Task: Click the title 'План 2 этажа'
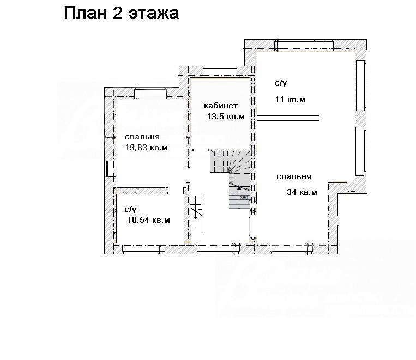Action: (x=121, y=13)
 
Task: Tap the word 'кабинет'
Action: (x=221, y=106)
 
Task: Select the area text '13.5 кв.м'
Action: (x=226, y=117)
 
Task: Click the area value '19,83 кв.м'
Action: (x=147, y=148)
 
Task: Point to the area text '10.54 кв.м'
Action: (x=148, y=220)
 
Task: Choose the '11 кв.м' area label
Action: (x=290, y=100)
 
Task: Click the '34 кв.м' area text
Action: (x=302, y=192)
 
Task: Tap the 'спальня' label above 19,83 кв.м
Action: (x=142, y=137)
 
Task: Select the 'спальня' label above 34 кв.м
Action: (x=294, y=177)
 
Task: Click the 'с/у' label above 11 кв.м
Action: (x=281, y=83)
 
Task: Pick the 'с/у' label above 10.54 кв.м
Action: (x=130, y=210)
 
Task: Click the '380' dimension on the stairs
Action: (x=244, y=198)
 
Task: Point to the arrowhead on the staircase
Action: (x=239, y=188)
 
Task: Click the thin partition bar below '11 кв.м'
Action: (x=288, y=118)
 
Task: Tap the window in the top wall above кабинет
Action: (x=220, y=72)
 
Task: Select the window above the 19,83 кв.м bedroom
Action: (x=150, y=94)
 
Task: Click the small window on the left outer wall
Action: (x=110, y=169)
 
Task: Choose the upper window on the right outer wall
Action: (x=360, y=86)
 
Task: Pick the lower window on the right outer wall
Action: (x=360, y=151)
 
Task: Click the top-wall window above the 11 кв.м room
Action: (x=304, y=45)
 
